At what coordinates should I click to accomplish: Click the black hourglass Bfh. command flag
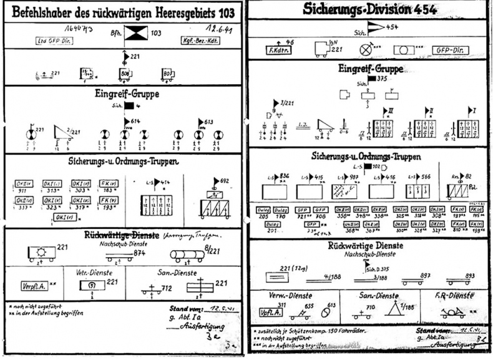click(135, 33)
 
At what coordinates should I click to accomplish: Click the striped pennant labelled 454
click(375, 27)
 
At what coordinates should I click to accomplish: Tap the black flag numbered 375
click(373, 79)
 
